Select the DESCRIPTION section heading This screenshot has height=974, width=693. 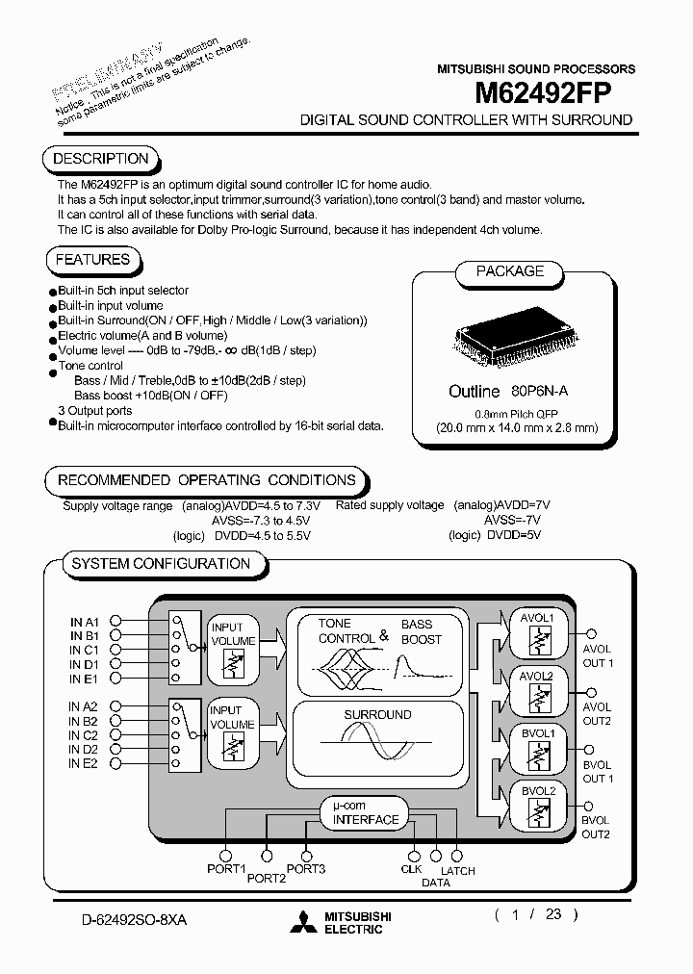[x=100, y=159]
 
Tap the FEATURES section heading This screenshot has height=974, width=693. [x=92, y=260]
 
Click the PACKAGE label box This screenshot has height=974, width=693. [x=510, y=271]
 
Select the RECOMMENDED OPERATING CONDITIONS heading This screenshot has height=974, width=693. [x=206, y=480]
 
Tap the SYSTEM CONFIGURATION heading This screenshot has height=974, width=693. [x=161, y=564]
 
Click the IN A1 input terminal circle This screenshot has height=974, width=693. [x=115, y=622]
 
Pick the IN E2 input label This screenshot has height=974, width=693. [x=84, y=763]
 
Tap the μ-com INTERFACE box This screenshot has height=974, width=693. [x=365, y=813]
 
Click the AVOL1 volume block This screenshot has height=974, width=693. [x=536, y=636]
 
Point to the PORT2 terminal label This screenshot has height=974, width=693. [x=267, y=878]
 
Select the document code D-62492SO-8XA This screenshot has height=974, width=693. [x=134, y=920]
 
